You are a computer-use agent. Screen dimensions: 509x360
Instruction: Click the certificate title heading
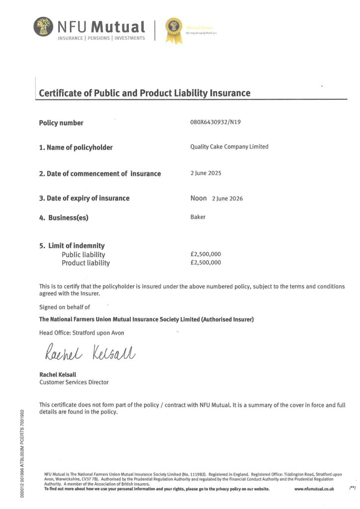145,93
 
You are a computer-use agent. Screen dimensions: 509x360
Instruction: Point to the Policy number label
61,123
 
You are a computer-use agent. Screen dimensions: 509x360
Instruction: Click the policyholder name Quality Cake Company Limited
229,147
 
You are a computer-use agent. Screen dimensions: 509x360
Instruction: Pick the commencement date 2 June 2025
206,173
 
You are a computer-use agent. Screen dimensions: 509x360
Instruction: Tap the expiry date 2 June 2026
227,198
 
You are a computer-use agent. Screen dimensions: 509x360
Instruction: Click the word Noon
198,198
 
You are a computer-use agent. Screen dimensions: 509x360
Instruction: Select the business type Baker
198,217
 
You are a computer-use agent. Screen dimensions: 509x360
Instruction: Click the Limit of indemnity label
72,246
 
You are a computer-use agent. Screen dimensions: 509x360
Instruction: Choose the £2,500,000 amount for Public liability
205,254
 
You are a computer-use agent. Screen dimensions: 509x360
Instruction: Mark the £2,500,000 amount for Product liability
205,262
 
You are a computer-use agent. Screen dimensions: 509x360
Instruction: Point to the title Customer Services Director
74,382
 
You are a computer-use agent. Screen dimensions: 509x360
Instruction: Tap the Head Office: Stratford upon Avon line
82,333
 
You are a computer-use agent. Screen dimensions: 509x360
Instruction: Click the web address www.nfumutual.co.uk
314,489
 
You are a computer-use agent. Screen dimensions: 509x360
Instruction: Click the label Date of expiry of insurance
84,198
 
